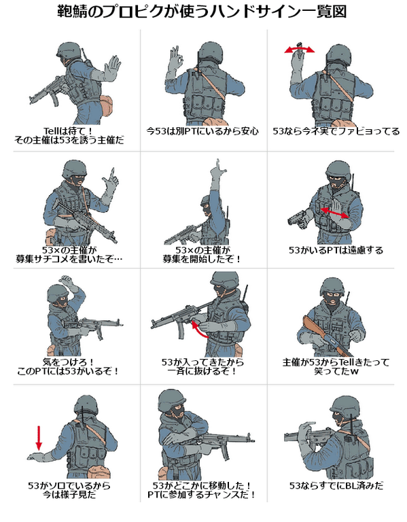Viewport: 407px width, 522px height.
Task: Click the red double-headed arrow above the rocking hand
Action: click(x=299, y=50)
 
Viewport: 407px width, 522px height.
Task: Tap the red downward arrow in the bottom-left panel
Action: click(x=39, y=438)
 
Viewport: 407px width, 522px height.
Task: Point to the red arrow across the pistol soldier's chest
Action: click(x=335, y=213)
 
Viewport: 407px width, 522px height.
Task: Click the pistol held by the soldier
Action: click(x=298, y=219)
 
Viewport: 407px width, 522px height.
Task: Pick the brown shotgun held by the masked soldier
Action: click(x=325, y=336)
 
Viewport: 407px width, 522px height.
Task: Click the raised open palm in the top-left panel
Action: click(x=112, y=67)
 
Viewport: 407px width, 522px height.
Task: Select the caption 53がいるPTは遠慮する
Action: click(x=336, y=250)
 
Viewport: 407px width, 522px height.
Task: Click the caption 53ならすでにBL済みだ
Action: click(x=336, y=486)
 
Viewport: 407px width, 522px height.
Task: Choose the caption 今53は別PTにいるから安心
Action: click(x=202, y=131)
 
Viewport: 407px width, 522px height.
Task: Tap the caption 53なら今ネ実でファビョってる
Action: click(x=336, y=131)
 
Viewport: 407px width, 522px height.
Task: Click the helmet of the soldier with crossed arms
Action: click(x=171, y=400)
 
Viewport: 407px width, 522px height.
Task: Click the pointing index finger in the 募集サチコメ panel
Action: click(x=112, y=173)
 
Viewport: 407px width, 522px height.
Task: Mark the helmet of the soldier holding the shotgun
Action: click(x=332, y=287)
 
